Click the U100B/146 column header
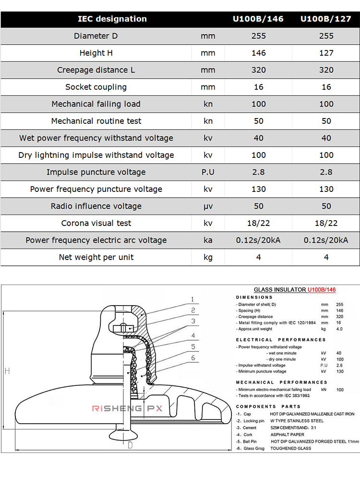258,19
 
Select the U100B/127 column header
326,19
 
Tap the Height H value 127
326,53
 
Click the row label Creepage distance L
96,70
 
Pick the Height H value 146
258,53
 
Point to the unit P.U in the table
208,172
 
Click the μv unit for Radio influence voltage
208,206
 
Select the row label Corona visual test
96,223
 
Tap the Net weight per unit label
96,257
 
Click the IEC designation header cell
112,19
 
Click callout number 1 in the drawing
192,299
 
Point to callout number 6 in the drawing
192,358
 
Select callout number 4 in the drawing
192,335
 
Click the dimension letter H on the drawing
7,370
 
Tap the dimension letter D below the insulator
130,445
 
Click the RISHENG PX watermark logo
127,408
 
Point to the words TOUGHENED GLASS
290,448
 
